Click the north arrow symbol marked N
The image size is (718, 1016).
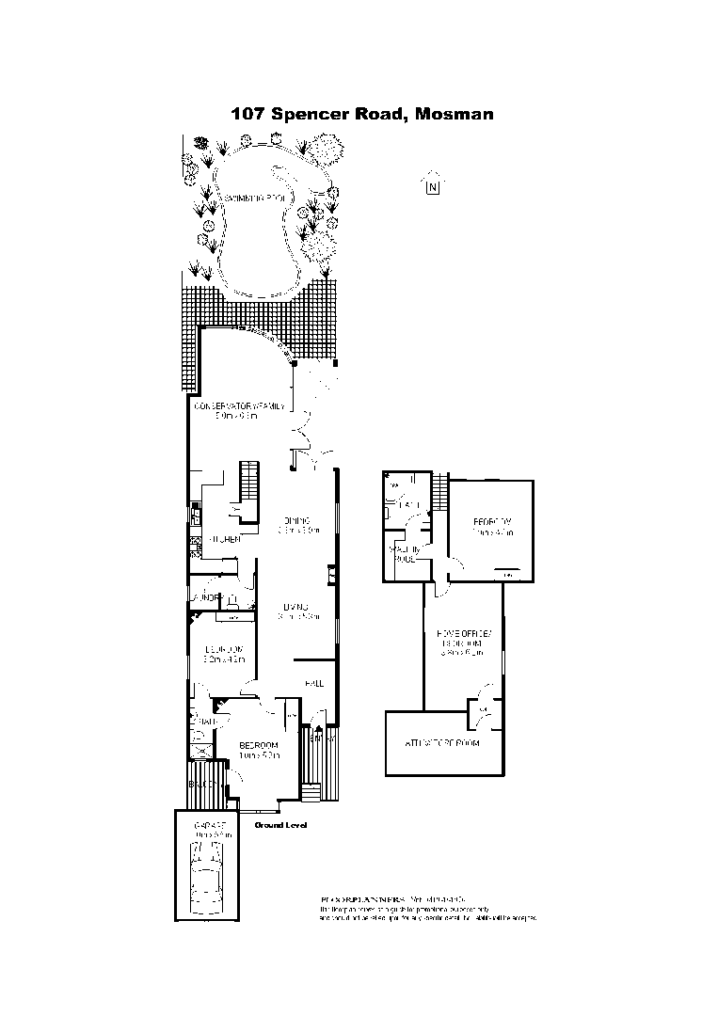point(432,184)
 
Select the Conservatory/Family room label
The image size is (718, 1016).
point(239,407)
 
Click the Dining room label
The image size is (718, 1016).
point(296,520)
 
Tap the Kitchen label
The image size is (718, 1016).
point(226,539)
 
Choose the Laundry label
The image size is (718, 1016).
point(207,597)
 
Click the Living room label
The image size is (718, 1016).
point(298,607)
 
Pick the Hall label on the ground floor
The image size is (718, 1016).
point(313,683)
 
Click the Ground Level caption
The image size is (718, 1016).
point(280,825)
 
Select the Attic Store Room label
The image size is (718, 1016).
point(442,743)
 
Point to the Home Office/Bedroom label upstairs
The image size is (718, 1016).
point(461,640)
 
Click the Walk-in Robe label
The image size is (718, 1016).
point(404,553)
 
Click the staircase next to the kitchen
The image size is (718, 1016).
point(249,482)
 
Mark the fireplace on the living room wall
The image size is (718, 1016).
point(331,574)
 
